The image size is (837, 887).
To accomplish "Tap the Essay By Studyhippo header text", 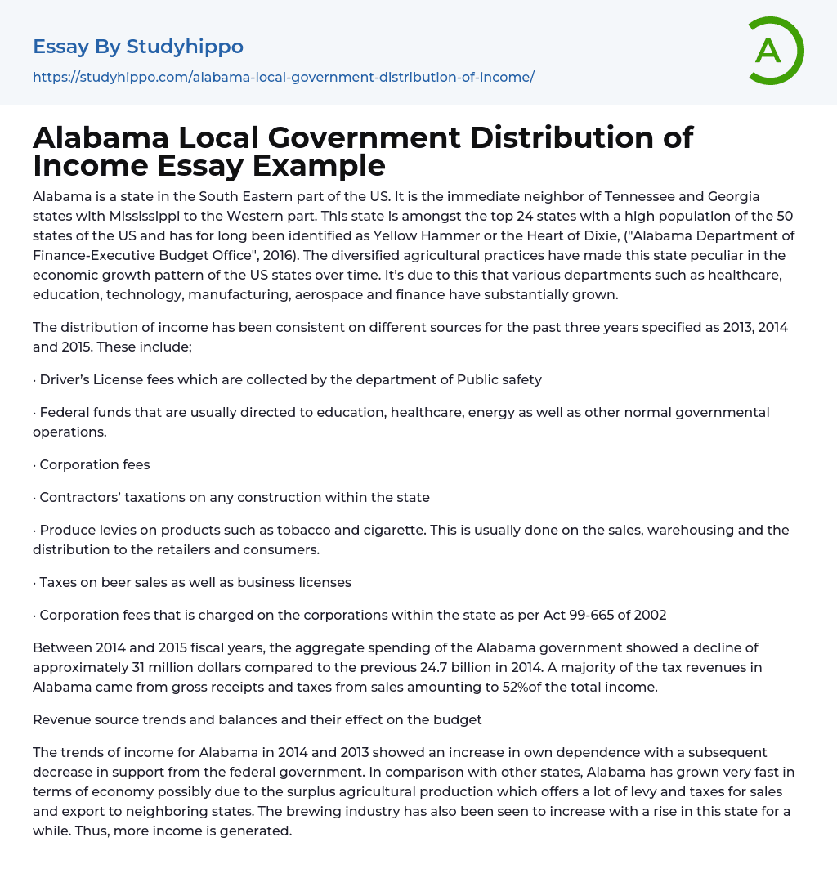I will tap(138, 47).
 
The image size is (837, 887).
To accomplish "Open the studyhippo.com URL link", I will tap(283, 78).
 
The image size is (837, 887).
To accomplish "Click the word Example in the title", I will tap(319, 165).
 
